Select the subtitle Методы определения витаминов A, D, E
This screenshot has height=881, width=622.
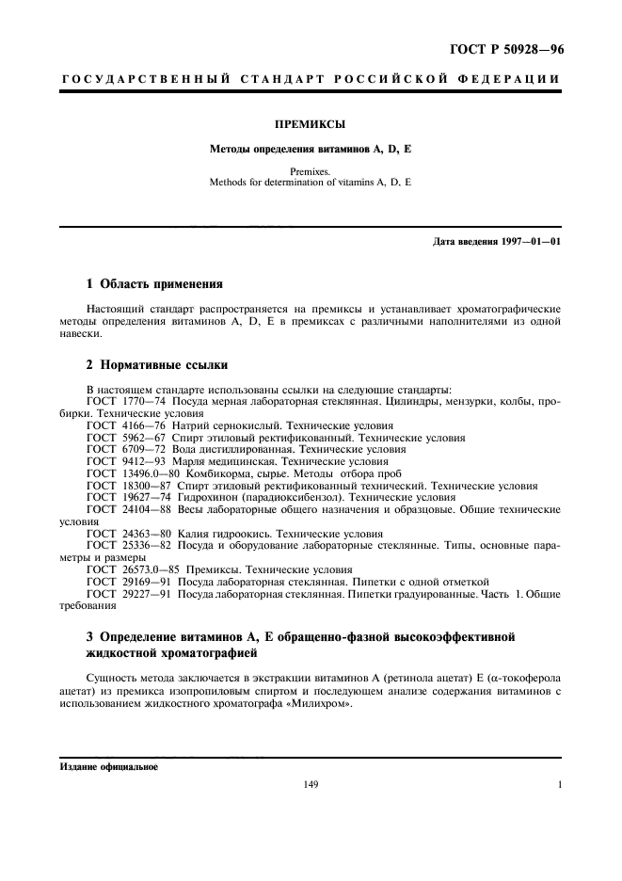pos(310,150)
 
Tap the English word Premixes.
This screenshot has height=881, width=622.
pos(310,173)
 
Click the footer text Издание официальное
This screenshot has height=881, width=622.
pos(109,766)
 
